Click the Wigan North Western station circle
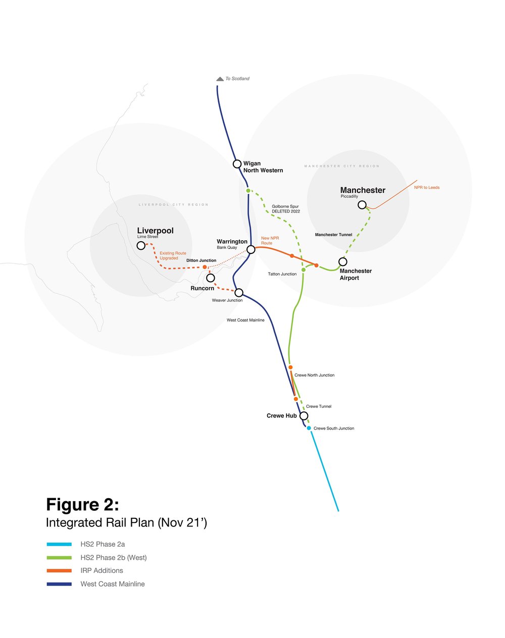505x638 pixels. tap(237, 164)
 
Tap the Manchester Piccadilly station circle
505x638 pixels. tap(362, 204)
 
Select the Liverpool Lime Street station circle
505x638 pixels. tap(141, 245)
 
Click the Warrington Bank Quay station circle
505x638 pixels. tap(251, 249)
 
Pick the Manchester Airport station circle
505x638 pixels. tap(343, 261)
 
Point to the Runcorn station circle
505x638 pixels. tap(211, 278)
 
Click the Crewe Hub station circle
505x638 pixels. tap(304, 416)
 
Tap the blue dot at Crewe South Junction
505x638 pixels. tap(309, 428)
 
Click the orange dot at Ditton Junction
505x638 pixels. tap(205, 267)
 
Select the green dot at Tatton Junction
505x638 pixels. tap(304, 270)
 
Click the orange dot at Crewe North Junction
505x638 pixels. tap(290, 367)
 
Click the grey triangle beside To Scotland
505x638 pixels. tap(220, 79)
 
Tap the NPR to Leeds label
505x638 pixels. tap(427, 188)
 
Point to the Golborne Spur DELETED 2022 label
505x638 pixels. tap(286, 209)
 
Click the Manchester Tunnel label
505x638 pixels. tap(333, 235)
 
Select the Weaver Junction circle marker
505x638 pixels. tap(239, 293)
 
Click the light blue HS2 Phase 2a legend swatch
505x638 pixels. tap(59, 545)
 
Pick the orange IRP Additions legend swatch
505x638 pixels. tap(59, 571)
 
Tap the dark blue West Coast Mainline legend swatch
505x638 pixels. tap(59, 584)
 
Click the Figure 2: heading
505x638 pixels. tap(82, 505)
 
